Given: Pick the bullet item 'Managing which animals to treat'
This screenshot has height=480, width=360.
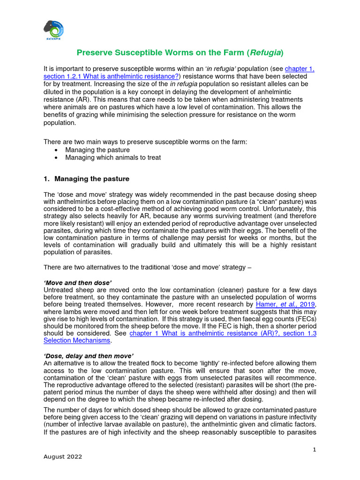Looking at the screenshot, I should (x=113, y=158).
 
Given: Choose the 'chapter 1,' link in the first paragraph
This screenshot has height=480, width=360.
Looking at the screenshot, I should (x=299, y=68).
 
